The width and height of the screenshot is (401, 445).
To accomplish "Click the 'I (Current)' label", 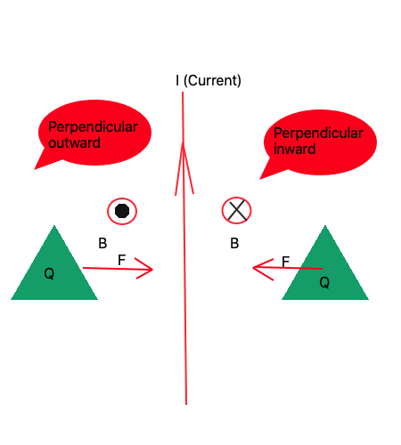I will point(209,81).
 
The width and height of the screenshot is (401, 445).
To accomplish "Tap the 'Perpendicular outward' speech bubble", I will point(94,133).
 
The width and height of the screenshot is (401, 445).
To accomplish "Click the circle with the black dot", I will point(122,211).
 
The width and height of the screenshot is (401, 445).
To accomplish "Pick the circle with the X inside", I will point(236,211).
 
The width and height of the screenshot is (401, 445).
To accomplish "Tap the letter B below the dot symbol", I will point(102,243).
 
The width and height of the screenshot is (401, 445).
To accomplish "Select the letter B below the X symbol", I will point(234,243).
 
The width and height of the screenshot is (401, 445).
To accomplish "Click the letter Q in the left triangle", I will point(49,274).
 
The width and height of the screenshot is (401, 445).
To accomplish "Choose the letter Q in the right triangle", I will point(324,282).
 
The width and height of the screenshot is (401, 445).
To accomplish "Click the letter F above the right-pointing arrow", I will point(122,260).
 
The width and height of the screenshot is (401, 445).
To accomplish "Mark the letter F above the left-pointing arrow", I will point(286,262).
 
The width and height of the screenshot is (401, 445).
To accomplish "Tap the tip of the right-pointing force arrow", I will point(152,270).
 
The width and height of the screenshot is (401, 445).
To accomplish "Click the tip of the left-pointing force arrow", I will point(254,266).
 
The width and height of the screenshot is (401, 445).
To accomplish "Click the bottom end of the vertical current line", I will point(185,403).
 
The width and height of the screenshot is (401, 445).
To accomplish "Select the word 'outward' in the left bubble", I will point(75,142).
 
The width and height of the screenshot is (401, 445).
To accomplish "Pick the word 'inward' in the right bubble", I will point(295,149).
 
